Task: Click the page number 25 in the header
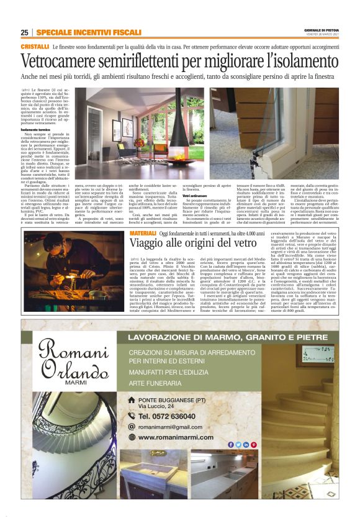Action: click(x=24, y=32)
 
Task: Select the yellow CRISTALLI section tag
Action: click(x=35, y=47)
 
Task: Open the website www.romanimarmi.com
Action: click(x=176, y=437)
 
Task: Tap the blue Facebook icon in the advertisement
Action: click(x=231, y=444)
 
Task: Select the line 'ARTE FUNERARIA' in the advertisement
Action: click(x=160, y=383)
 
